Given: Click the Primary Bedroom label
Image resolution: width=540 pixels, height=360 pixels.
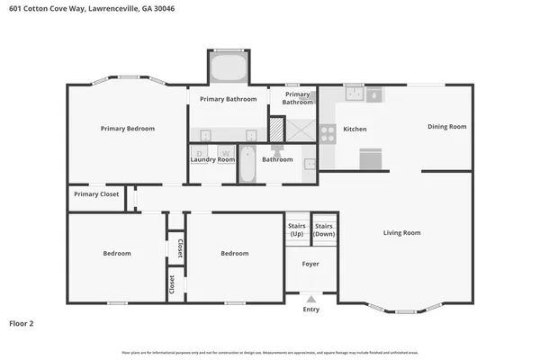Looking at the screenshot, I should pos(127,129).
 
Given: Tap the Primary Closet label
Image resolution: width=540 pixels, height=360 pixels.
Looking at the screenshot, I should pos(96,193).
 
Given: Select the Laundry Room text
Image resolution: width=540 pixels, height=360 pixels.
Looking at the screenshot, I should pos(212,159).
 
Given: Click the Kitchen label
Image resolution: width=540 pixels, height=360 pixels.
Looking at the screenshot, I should pos(355,129).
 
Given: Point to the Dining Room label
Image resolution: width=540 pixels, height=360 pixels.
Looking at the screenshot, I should pos(446,127).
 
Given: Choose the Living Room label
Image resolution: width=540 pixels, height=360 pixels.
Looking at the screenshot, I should pos(401,233).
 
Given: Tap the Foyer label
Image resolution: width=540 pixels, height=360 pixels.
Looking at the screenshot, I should pos(310,265).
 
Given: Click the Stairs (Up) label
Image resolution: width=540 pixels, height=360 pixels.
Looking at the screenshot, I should pos(296,229).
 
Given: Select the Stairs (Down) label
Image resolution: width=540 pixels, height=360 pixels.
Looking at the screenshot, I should pos(324,229).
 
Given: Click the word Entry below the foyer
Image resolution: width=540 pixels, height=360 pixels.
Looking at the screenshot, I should pos(310,310).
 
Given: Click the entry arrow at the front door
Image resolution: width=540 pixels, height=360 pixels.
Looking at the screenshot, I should pos(310,298).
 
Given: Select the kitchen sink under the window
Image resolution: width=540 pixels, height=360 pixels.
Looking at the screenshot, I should pos(353,92).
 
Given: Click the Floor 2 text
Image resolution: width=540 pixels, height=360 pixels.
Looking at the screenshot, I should pos(21,322).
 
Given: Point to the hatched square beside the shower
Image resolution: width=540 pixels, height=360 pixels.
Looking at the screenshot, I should pos(276,130).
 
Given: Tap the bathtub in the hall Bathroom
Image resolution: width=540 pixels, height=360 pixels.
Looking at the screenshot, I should pos(247,164).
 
